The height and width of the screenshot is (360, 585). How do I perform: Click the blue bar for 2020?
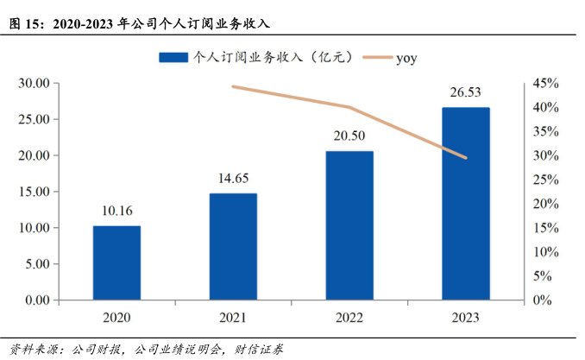(x=116, y=262)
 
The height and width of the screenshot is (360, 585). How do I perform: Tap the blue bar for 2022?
(x=349, y=225)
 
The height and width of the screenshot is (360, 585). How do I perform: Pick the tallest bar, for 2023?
(x=466, y=204)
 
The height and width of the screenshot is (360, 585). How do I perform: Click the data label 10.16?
(x=116, y=210)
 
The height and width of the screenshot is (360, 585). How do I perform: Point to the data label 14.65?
(x=233, y=178)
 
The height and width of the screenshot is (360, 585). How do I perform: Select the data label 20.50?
(x=349, y=136)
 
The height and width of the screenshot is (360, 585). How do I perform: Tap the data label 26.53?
(x=466, y=92)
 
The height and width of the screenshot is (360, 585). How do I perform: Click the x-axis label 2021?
(x=233, y=317)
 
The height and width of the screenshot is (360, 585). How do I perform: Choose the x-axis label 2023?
(x=466, y=317)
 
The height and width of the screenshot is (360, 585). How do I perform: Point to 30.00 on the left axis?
(x=34, y=84)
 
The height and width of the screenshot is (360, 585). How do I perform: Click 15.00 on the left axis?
(x=34, y=192)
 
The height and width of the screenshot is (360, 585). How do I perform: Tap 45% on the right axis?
(x=545, y=84)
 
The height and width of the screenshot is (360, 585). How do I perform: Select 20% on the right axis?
(x=545, y=204)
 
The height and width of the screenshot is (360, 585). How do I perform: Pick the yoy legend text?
(x=407, y=58)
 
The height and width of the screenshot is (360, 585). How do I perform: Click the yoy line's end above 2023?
(x=466, y=158)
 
